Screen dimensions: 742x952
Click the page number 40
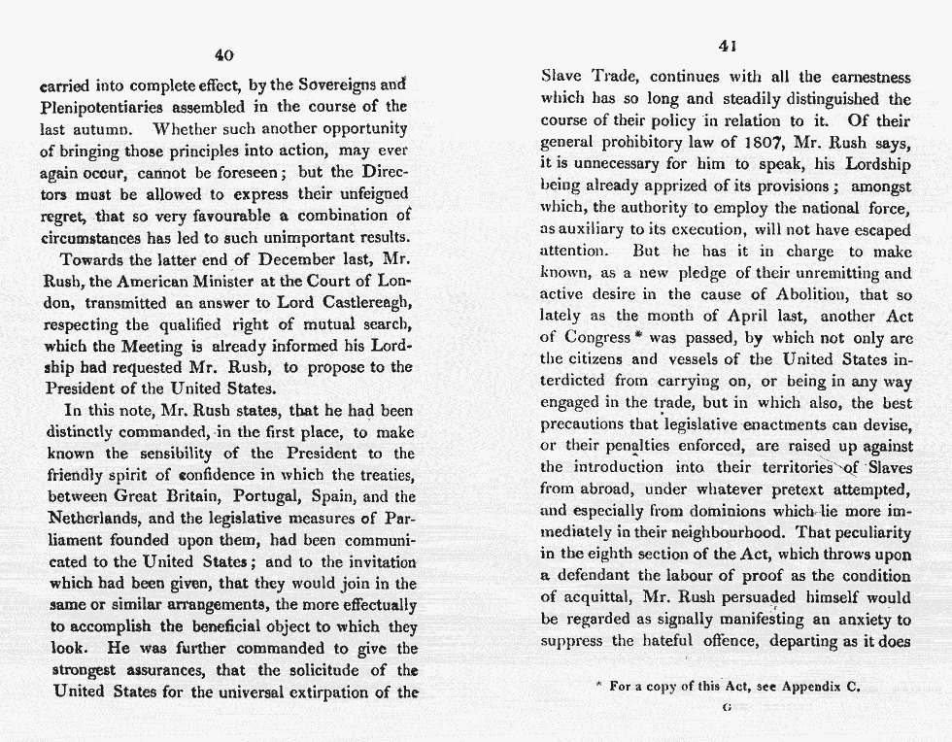223,54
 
